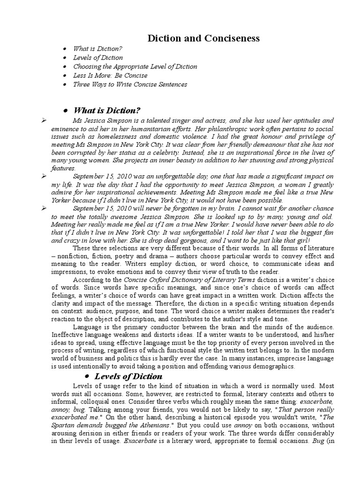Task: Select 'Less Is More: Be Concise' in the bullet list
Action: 110,75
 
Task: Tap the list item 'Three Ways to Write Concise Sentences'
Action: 130,84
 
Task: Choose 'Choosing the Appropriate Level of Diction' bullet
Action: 135,67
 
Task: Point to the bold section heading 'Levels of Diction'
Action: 128,376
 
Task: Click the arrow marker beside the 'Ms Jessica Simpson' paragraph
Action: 44,120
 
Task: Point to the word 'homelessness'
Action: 110,136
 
